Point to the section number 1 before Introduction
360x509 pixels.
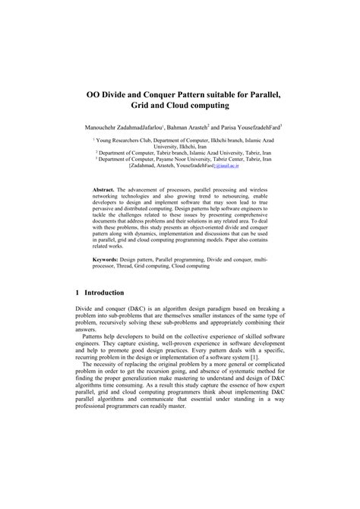coord(77,313)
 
